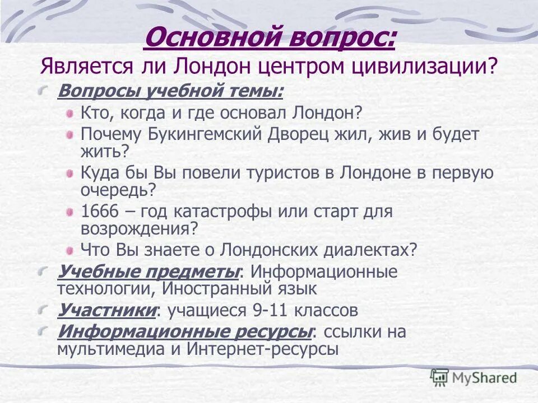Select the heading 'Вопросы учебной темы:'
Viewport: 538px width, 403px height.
click(x=170, y=91)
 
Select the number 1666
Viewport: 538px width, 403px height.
click(x=98, y=212)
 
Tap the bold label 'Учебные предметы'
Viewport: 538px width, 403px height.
click(x=149, y=272)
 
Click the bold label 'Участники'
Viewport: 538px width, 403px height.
click(x=106, y=310)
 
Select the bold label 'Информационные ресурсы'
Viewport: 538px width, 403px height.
click(x=184, y=331)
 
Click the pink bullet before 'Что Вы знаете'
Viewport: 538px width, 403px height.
click(x=69, y=250)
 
